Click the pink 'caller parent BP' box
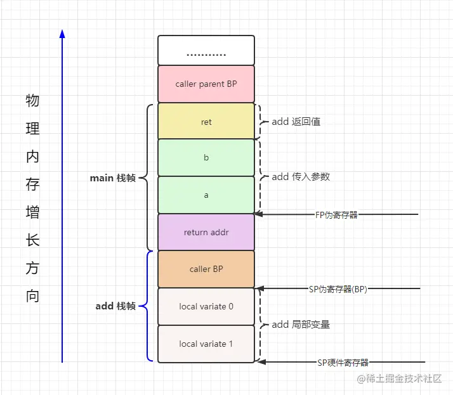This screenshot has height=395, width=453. pos(206,84)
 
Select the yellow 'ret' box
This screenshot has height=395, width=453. pos(206,121)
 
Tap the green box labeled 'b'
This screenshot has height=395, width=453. pos(206,158)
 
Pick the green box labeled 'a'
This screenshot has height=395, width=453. pos(206,195)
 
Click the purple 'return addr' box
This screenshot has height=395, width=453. pos(206,232)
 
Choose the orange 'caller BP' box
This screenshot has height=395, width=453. pos(206,269)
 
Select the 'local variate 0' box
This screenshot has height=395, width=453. pos(206,306)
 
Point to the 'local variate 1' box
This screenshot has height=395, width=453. pos(206,344)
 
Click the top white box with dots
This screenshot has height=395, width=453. pos(206,51)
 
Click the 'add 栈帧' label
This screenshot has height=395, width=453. pos(115,306)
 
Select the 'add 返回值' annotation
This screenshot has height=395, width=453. pos(296,121)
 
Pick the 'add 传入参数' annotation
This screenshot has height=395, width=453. pos(301,176)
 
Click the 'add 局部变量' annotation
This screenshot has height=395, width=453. pos(301,325)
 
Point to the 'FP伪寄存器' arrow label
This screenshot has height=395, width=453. pos(336,215)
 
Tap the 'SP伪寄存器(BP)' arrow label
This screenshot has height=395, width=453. pos(338,289)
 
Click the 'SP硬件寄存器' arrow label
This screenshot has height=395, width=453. pos(343,363)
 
